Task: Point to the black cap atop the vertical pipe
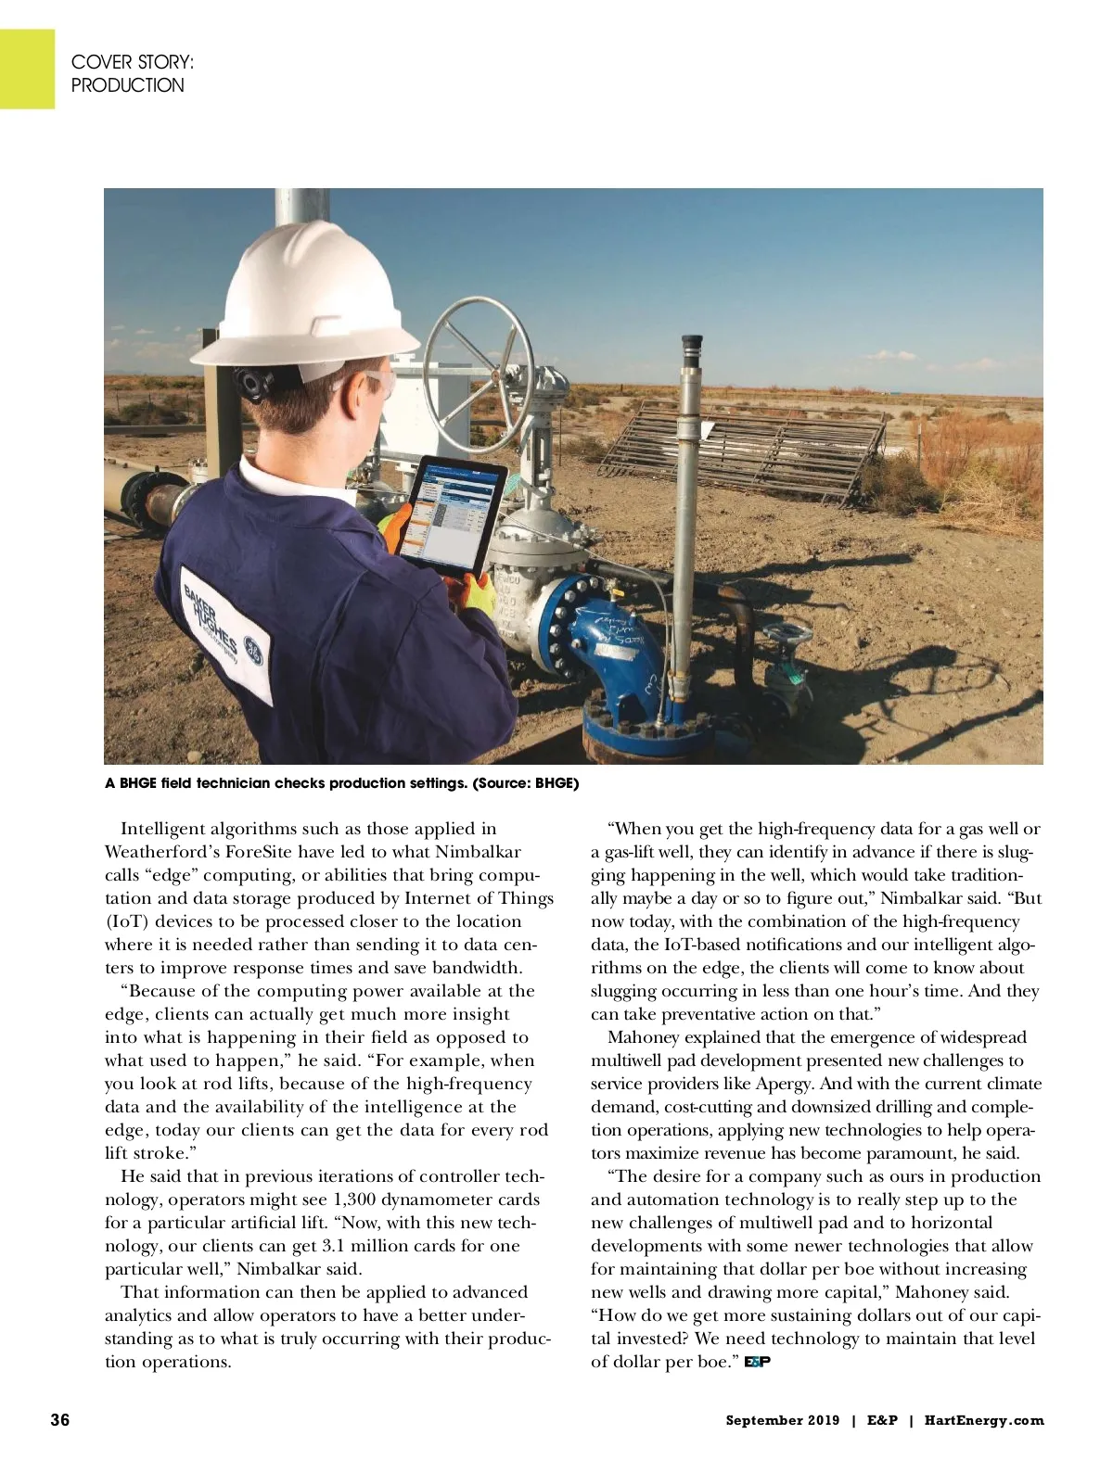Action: coord(691,349)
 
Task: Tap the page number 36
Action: coord(59,1420)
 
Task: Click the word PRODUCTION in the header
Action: coord(128,85)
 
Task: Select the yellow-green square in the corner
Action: coord(27,69)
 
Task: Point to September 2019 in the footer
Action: coord(782,1420)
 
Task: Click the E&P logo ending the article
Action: coord(758,1362)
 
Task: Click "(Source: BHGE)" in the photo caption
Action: coord(525,783)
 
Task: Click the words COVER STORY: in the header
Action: coord(133,62)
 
